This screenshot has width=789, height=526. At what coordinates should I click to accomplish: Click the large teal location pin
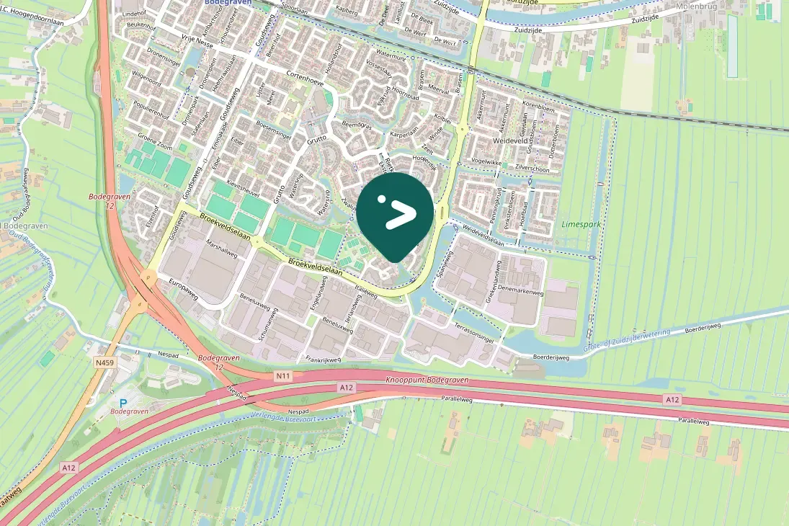pos(395,213)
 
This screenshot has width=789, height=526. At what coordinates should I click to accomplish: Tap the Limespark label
pos(581,225)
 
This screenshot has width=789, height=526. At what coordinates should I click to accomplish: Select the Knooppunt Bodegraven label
pos(427,380)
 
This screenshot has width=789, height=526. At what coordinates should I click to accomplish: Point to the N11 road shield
pos(282,375)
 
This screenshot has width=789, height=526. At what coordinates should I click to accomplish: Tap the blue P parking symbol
pos(123,403)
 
